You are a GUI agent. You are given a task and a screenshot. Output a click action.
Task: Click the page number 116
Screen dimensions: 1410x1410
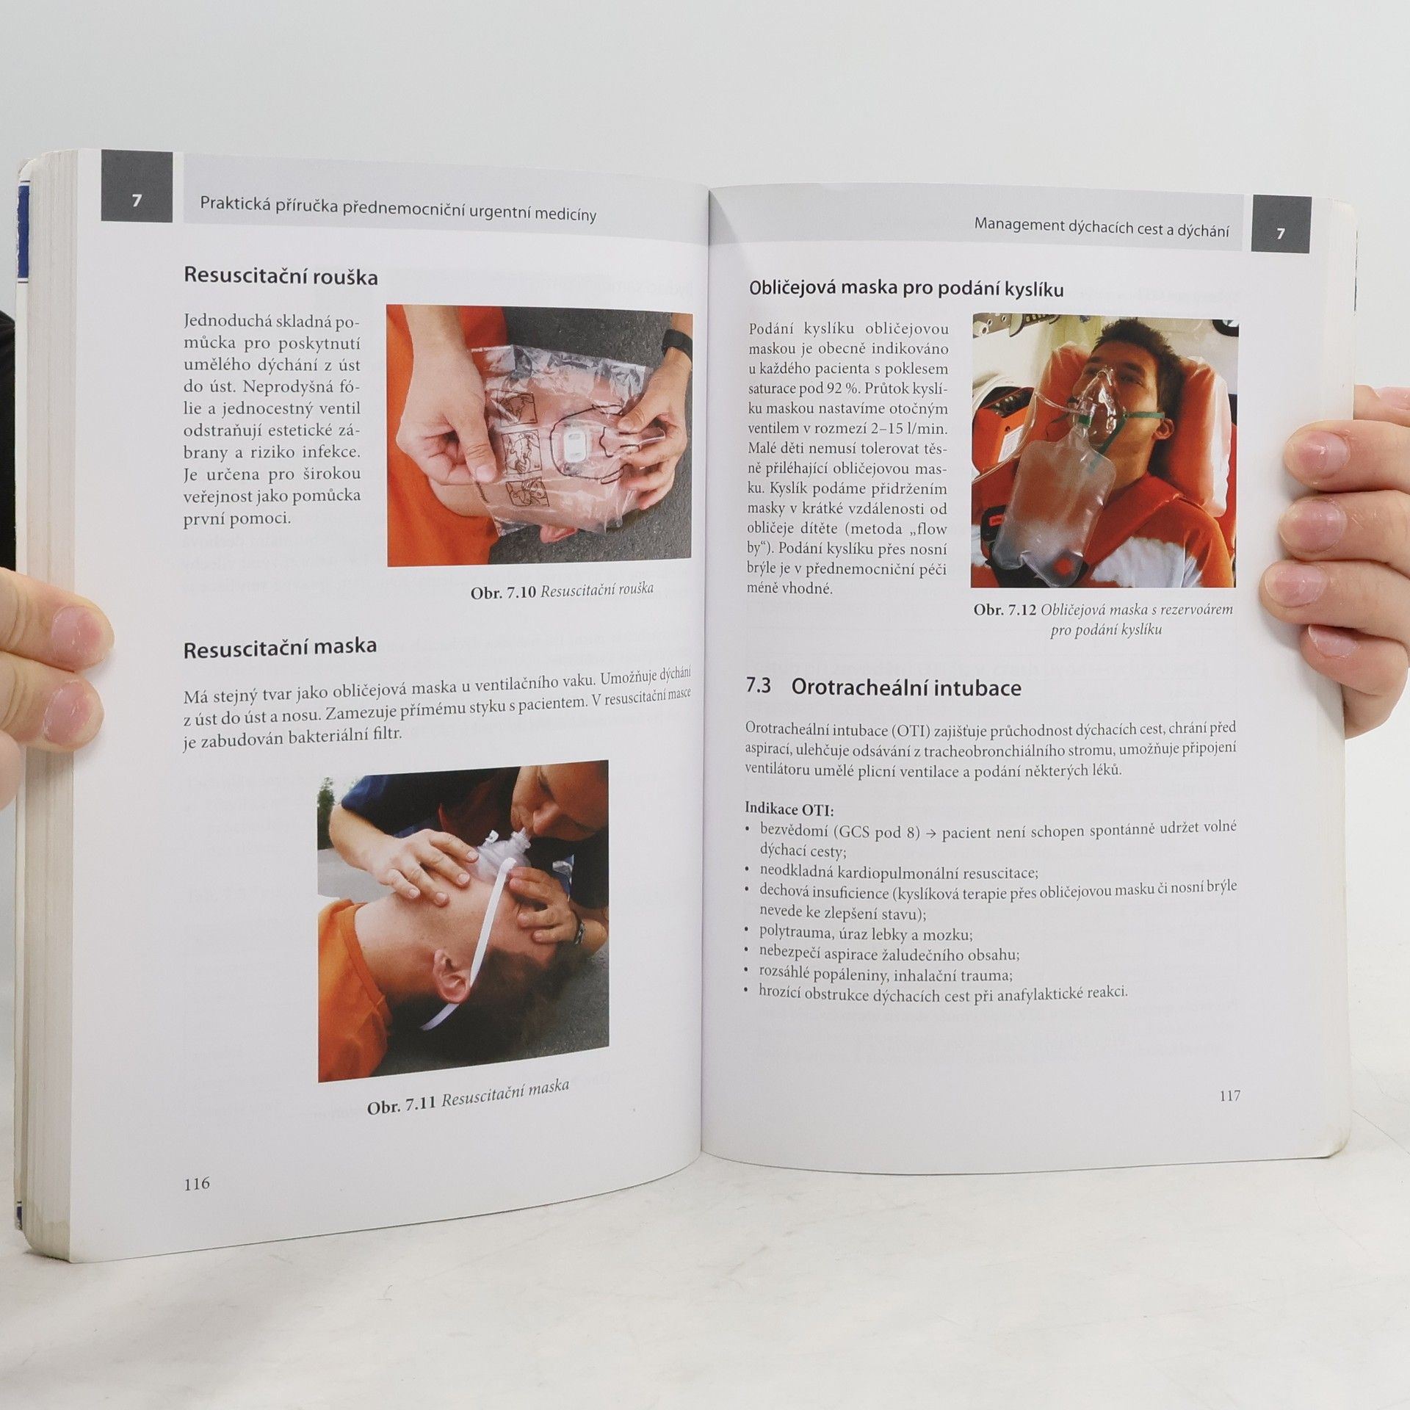coord(197,1183)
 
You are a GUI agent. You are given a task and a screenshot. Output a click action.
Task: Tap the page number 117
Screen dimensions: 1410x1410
coord(1229,1096)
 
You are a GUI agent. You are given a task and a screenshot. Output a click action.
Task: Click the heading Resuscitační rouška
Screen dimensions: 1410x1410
coord(281,276)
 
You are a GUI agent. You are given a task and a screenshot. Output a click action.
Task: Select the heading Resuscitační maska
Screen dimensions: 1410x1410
coord(280,648)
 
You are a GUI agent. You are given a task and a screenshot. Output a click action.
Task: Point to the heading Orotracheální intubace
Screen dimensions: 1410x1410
coord(906,688)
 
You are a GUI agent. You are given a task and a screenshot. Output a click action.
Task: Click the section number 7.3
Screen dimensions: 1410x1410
coord(759,686)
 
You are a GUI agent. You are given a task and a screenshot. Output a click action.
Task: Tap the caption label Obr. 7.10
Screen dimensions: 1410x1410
coord(503,592)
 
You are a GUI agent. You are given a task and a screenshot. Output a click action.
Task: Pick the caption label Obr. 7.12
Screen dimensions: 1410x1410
coord(1005,610)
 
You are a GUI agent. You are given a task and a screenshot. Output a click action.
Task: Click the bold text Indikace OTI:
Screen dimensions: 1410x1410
coord(789,809)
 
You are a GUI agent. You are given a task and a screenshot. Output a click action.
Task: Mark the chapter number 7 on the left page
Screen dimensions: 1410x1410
coord(137,200)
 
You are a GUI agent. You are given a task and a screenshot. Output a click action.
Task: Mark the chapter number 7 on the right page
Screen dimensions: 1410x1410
coord(1281,233)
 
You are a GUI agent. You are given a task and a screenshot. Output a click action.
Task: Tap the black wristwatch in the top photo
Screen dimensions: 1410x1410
coord(677,343)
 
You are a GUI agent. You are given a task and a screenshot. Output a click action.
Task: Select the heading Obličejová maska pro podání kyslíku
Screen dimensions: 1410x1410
coord(906,289)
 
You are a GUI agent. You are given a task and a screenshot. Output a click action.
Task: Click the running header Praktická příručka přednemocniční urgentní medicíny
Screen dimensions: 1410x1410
coord(398,210)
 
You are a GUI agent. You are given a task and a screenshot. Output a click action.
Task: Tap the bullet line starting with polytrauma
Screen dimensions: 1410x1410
coord(866,934)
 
